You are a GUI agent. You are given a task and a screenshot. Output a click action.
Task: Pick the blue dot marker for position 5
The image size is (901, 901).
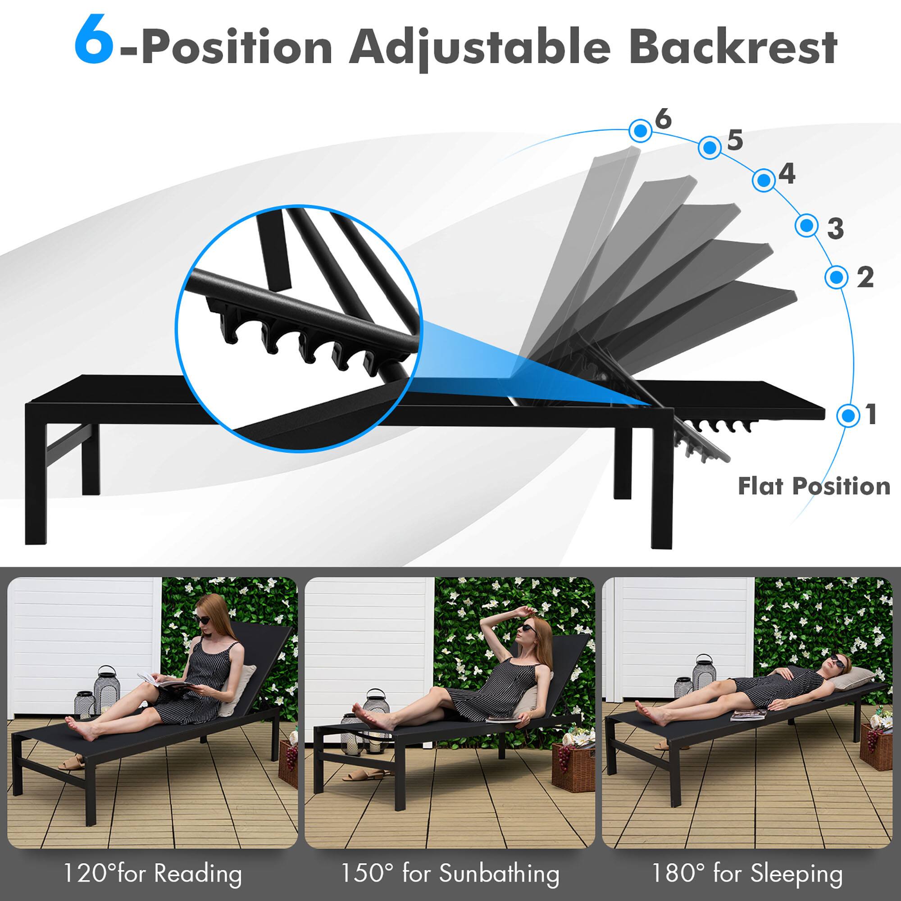point(710,148)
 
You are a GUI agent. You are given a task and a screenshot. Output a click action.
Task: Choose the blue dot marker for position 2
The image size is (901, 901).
point(837,277)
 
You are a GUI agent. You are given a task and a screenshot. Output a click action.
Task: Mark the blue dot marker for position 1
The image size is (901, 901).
point(848,414)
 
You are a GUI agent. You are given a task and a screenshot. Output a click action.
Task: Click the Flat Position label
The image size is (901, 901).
point(814,486)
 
